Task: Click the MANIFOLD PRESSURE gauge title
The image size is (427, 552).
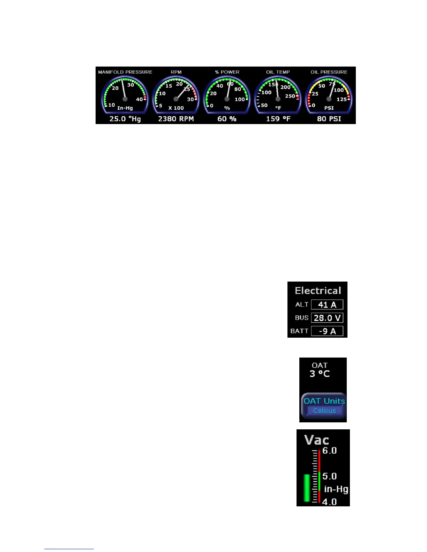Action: pos(125,72)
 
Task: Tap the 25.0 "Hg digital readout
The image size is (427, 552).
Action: pos(125,119)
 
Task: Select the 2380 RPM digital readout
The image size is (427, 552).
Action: pos(176,119)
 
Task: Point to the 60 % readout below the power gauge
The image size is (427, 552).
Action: pos(227,119)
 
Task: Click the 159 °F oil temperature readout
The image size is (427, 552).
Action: pos(278,119)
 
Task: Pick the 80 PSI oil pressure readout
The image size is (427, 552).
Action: pos(329,119)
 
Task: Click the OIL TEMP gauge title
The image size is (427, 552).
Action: pos(278,72)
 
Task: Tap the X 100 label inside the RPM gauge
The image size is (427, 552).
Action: pos(176,108)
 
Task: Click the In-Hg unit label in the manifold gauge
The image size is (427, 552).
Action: pos(125,108)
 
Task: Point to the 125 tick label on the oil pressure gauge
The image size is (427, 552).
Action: pos(342,99)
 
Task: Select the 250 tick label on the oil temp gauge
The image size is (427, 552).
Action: pos(290,96)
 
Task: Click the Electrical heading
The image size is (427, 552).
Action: pos(318,291)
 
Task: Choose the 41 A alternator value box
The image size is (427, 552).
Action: pos(327,305)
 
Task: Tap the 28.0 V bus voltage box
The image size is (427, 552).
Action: pos(327,318)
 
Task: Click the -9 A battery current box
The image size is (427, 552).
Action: pos(327,331)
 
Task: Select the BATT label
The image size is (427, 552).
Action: pos(299,331)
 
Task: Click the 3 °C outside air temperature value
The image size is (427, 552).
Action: pos(320,374)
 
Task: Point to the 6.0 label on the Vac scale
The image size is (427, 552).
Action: pos(329,451)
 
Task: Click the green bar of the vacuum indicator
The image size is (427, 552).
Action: pos(307,488)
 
